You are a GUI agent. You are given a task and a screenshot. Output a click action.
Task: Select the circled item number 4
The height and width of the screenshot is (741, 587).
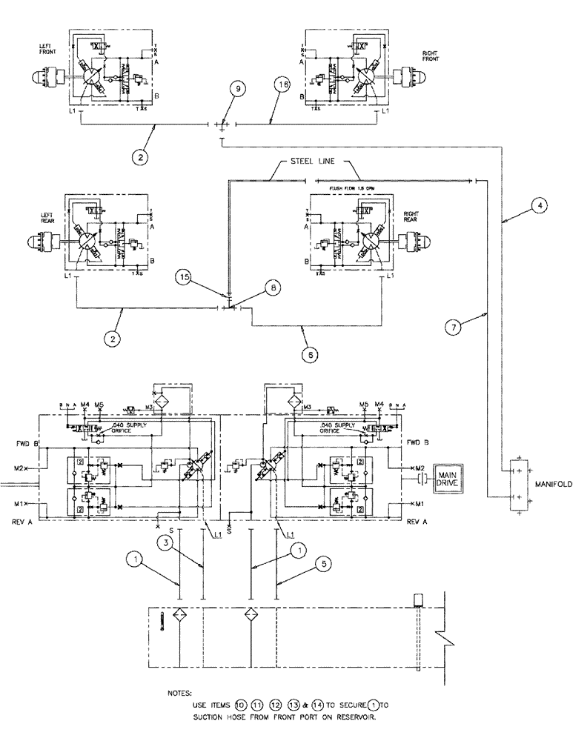click(x=542, y=207)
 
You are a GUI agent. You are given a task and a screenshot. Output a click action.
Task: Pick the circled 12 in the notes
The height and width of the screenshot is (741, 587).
click(x=276, y=705)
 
